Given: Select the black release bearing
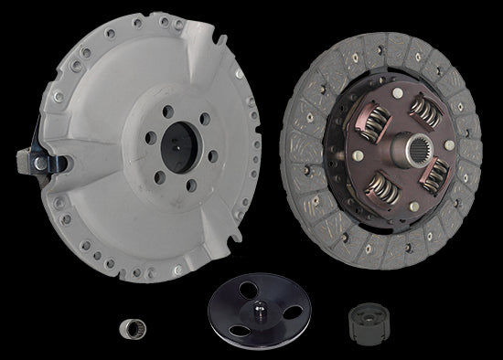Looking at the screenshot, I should pyautogui.click(x=363, y=321).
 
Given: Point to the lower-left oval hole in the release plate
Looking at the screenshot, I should pyautogui.click(x=228, y=323).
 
